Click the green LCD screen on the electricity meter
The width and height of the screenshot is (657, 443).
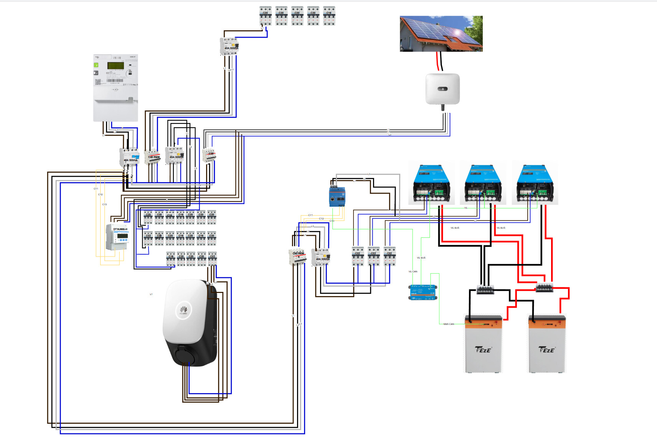coord(115,66)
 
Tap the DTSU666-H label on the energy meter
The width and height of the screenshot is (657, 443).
coord(120,229)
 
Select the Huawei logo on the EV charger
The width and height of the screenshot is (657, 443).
coord(183,310)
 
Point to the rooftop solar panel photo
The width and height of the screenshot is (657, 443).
coord(441,34)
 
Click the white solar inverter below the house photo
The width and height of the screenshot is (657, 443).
coord(442,89)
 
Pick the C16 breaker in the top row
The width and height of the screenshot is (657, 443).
coord(329,16)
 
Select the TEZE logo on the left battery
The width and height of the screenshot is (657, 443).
coord(483,349)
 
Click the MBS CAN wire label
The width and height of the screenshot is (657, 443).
coord(449,324)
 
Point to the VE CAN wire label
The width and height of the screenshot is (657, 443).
coord(413,272)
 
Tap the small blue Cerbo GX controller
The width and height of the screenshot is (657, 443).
coord(422,292)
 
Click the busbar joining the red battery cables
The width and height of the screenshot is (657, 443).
coord(544,287)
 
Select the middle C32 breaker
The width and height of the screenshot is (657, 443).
coord(373,256)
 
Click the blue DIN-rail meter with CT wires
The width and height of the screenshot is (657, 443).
coord(337,196)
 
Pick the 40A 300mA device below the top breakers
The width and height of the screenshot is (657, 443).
coord(229,46)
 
